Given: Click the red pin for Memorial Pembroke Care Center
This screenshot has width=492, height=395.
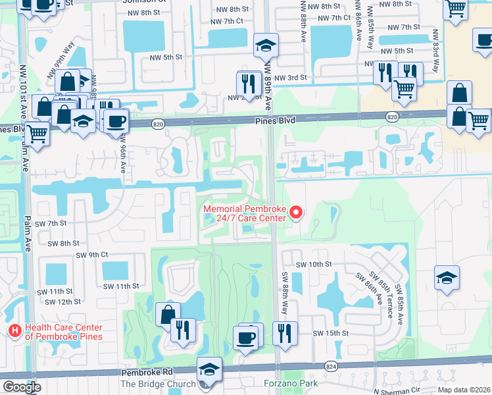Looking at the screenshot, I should [x=296, y=212].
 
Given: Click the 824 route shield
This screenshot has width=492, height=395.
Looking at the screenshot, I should [x=330, y=365].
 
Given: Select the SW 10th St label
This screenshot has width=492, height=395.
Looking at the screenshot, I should [x=314, y=264].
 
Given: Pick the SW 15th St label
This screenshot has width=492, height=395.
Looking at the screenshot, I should [x=330, y=333].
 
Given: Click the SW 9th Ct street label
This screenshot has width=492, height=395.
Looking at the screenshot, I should [x=92, y=255].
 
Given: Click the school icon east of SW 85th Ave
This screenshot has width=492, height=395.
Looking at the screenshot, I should [x=447, y=278].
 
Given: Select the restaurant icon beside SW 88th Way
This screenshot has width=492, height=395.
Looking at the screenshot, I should [x=285, y=332].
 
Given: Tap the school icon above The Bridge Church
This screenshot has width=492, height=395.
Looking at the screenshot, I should [x=210, y=370].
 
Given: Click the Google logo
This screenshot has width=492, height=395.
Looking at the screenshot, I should [x=22, y=387].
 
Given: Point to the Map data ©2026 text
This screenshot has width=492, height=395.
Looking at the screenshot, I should [x=464, y=389].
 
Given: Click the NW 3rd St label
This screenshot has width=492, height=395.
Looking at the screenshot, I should [x=291, y=78].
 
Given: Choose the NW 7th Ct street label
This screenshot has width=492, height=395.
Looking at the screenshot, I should [x=226, y=21].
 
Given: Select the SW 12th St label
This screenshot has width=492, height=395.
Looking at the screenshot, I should [x=62, y=302].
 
